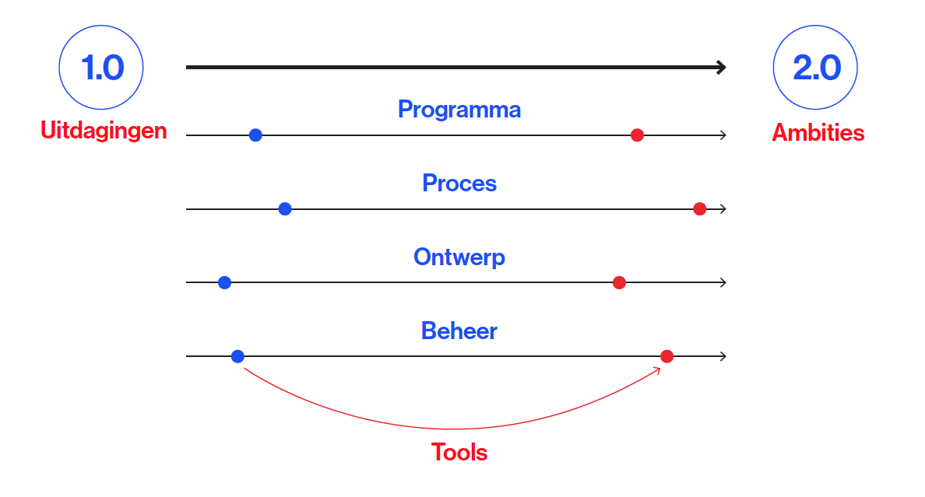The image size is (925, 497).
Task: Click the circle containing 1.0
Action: coord(101,26)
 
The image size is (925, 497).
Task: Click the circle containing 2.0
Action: coord(815,26)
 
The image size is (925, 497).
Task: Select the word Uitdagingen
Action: coord(104,131)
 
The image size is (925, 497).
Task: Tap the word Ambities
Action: coord(818,133)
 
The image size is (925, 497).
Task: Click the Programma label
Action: coord(459,110)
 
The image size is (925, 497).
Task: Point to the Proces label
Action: coord(459,184)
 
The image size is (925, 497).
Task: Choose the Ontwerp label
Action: coord(459,257)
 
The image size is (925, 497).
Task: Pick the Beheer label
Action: coord(459,331)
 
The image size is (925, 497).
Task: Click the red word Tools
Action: coord(459,452)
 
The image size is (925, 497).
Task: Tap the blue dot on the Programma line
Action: coord(255,135)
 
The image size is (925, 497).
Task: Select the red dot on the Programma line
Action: coord(637,135)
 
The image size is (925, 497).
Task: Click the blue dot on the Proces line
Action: coord(285,208)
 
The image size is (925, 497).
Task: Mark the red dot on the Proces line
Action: coord(700,208)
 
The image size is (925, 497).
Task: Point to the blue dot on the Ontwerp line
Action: coord(225,282)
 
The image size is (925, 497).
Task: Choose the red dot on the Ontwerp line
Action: coord(620,282)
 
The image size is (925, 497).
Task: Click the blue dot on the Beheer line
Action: coord(237,356)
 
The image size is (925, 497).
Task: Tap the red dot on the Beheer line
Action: coord(667,356)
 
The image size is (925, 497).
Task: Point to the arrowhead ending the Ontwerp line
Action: coord(724,282)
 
